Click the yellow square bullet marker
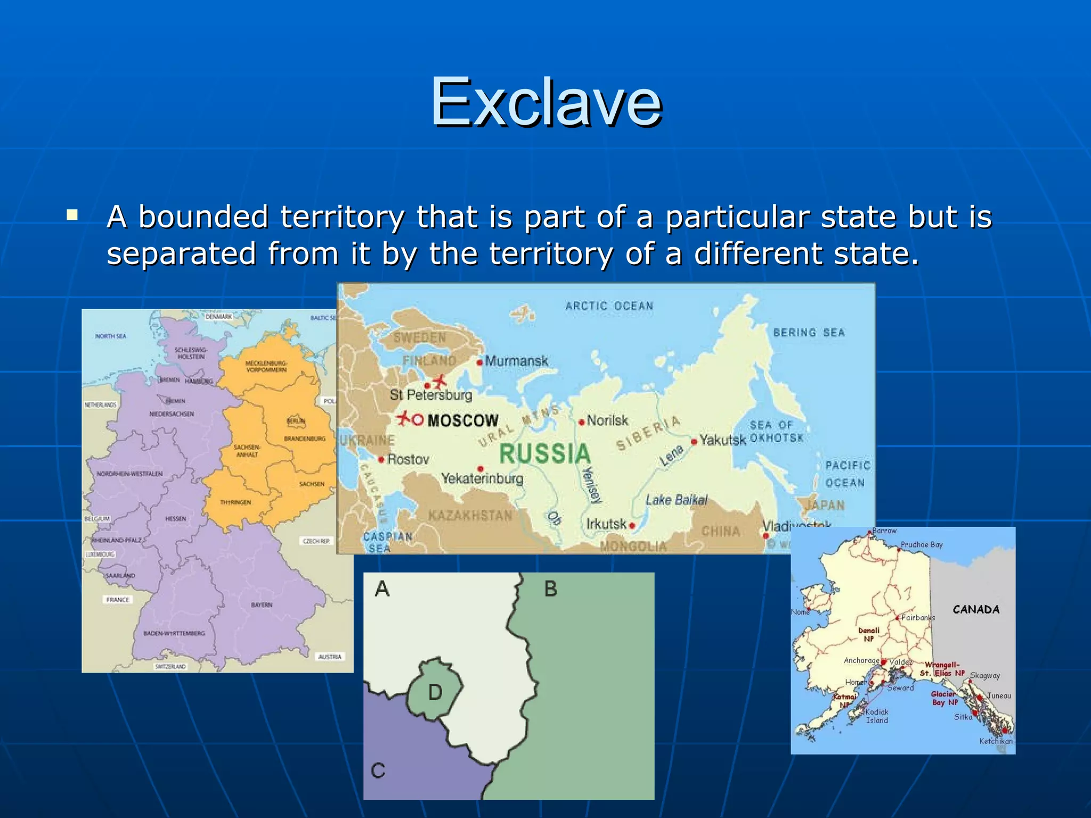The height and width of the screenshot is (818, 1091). tap(72, 216)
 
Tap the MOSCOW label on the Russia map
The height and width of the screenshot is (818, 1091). tap(462, 421)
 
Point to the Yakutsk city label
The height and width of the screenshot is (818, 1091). tap(722, 440)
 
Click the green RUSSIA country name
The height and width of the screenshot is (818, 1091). tap(545, 454)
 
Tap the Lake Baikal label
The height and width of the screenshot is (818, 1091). tap(677, 500)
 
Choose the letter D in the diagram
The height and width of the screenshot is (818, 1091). tap(435, 692)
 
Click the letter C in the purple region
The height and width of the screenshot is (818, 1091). tap(378, 771)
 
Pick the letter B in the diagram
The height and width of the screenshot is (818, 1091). tap(551, 589)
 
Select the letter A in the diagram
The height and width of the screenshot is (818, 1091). tap(382, 589)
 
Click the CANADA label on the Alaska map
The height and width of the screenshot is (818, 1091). tap(976, 609)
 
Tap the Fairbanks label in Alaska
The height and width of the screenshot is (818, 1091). tap(918, 618)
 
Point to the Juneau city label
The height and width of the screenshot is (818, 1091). tap(998, 696)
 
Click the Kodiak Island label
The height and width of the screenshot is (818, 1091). tap(877, 716)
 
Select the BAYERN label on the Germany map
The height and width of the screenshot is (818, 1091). tap(262, 605)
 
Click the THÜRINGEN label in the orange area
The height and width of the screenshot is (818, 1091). tap(235, 502)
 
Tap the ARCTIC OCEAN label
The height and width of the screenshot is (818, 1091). tap(609, 306)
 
